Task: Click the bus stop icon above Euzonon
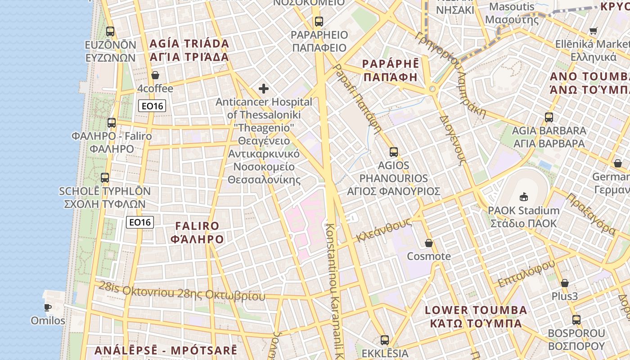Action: pos(110,31)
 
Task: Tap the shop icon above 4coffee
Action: pos(155,75)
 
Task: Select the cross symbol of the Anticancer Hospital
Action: pos(264,89)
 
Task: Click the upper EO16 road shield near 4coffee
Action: pos(152,106)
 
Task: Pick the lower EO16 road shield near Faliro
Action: pos(140,222)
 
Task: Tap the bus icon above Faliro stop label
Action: pos(112,122)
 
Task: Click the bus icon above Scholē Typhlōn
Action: pos(105,178)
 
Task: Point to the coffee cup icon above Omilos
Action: pos(48,308)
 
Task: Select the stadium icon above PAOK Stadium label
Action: pos(524,197)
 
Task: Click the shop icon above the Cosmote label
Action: pos(428,243)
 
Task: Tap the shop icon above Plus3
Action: pos(564,283)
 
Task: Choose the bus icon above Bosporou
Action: pos(576,320)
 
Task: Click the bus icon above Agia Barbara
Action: pos(549,117)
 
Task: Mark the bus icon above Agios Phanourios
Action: pos(394,152)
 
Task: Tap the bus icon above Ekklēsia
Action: pos(384,340)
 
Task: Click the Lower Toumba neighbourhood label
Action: pos(476,316)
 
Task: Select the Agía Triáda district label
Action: pos(189,50)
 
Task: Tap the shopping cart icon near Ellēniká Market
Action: pos(593,31)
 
